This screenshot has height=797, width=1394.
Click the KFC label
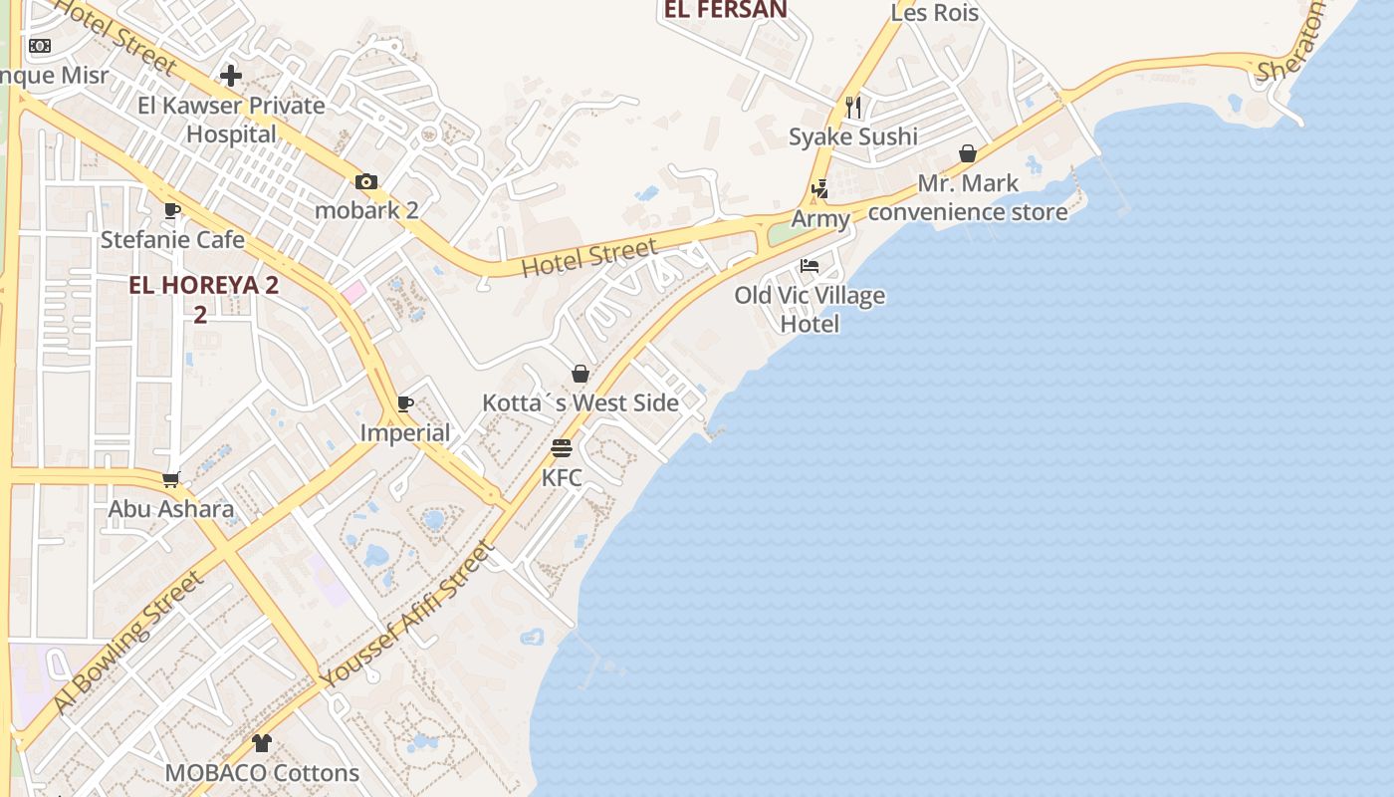coord(562,478)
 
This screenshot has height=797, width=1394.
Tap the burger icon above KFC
coord(562,448)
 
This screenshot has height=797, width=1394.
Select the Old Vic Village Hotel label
coord(810,310)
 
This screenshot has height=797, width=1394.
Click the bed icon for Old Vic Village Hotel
coord(810,266)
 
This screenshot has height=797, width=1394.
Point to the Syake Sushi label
coord(853,136)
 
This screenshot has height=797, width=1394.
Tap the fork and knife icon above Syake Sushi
coord(853,107)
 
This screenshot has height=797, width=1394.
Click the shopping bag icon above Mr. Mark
coord(968,153)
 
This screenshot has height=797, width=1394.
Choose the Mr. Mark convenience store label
coord(968,197)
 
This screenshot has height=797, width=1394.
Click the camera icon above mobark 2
coord(366,181)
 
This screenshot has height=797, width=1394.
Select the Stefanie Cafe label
coord(172,240)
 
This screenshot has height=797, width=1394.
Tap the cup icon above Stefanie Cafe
coord(172,210)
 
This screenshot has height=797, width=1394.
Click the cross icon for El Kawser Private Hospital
coord(231,76)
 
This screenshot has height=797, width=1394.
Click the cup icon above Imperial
coord(405,403)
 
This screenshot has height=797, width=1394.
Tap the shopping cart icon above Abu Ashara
coord(171,479)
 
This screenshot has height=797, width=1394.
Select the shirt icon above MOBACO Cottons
coord(262,743)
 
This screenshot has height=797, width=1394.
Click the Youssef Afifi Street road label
coord(408,615)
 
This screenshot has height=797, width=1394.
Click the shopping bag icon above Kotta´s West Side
coord(581,374)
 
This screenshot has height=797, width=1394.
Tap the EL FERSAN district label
coord(725,10)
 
